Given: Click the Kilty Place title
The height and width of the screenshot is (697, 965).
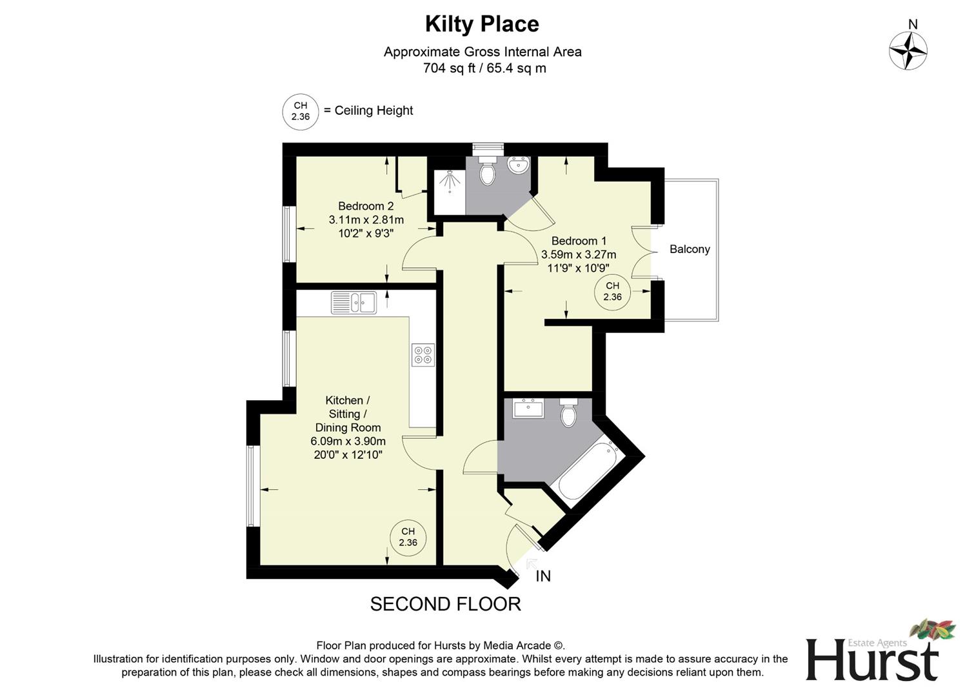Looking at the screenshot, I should pos(482,25).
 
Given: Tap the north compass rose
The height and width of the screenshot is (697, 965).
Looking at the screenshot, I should pos(908,50).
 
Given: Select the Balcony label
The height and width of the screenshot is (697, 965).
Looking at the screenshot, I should pos(690,249).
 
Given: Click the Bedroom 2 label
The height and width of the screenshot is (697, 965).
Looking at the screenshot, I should pos(366,207).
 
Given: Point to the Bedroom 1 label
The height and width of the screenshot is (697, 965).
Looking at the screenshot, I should pos(579,241).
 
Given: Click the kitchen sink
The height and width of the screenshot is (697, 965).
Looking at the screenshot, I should pos(353,302).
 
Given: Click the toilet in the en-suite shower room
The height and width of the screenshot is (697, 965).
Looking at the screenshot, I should pos(488,170).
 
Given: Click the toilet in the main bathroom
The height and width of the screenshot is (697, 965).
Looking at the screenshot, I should pos(568,413).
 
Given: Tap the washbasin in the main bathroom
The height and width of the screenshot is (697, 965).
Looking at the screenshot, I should pos(528,408).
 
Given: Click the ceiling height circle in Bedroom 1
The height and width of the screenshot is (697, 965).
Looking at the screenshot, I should pos(612,292).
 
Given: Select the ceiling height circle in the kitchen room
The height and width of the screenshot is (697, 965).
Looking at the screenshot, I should pos(408,537).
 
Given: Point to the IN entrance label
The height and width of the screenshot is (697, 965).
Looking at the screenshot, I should pos(543,576).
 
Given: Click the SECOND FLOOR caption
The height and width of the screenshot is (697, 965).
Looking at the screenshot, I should pos(445,604).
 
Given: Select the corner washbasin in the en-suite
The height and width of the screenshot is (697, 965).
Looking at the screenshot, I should pos(518,166).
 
